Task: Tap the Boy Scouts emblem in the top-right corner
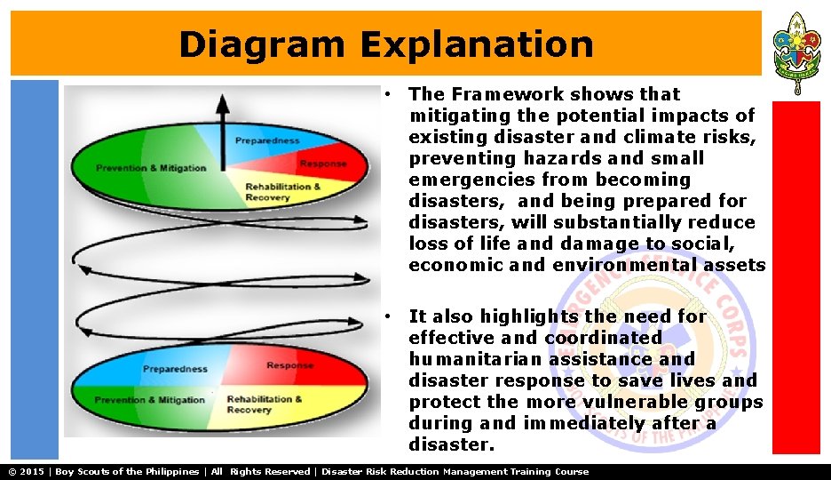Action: (x=796, y=53)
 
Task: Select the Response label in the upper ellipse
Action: (x=322, y=164)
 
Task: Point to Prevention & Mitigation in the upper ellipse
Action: (x=151, y=168)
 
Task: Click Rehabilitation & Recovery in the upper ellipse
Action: (x=283, y=192)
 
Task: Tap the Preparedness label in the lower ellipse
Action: (x=175, y=369)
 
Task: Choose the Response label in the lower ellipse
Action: (x=289, y=365)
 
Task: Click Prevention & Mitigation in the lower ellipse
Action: (x=149, y=400)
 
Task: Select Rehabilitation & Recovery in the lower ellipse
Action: (x=264, y=404)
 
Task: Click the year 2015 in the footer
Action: (x=33, y=471)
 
